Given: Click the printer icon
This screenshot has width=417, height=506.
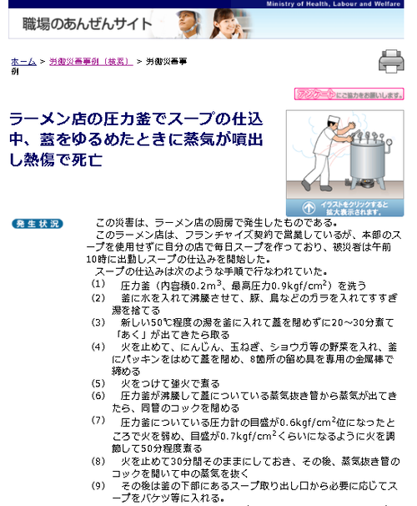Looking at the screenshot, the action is pos(391,61).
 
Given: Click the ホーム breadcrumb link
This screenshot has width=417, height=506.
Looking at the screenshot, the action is pos(23,61).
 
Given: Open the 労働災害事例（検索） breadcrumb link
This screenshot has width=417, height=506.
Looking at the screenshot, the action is pos(91,61).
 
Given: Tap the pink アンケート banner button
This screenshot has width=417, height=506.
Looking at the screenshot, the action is pos(349,94).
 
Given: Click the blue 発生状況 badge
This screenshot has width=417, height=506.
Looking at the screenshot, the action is pos(38,224).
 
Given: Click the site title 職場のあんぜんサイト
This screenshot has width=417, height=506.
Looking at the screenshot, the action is pos(87,24).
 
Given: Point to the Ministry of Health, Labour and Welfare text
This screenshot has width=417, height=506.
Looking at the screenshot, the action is pos(334,4).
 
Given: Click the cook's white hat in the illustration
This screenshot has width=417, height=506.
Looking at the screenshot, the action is pos(334,119).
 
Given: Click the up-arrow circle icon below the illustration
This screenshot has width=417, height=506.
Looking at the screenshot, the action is pos(309,208).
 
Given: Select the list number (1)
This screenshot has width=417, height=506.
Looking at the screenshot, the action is pos(98,284).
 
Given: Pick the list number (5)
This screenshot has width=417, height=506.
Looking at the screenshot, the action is pos(98,383).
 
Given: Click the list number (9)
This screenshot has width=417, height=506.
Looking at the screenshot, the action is pos(98,486).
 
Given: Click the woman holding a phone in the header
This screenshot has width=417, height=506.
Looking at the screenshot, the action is pos(227,23).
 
